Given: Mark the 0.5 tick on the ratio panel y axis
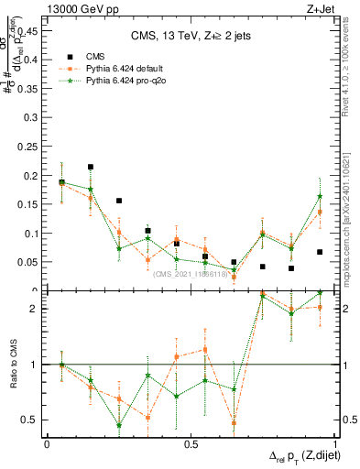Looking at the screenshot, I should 32,420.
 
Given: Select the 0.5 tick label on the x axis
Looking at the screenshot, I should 190,444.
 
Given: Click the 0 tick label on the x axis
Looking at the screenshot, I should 47,444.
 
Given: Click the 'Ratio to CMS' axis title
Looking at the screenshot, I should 13,364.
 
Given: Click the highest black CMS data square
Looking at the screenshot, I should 91,168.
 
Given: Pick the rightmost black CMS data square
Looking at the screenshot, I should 320,252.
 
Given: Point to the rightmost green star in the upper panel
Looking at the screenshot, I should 320,196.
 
